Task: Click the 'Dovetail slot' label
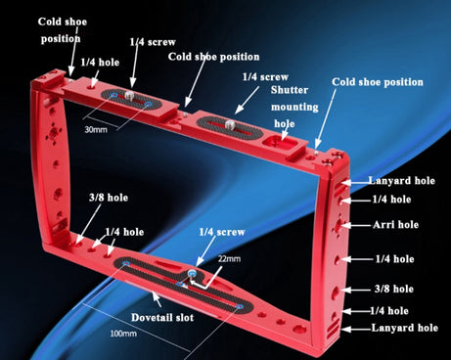[162, 317]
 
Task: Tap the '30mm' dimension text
[96, 129]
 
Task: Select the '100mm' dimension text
[123, 334]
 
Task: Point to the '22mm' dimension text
[229, 258]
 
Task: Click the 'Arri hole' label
[395, 224]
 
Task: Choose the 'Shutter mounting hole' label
[294, 107]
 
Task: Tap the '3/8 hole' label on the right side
[394, 289]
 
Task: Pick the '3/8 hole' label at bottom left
[109, 198]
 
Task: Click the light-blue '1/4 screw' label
[222, 232]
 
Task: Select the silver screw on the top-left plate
[129, 95]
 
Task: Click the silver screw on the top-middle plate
[230, 124]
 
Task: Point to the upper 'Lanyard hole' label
[401, 180]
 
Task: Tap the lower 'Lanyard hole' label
[404, 328]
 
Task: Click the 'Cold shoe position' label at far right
[378, 82]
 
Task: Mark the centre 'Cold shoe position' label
[213, 57]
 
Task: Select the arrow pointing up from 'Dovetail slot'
[157, 299]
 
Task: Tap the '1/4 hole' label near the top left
[100, 62]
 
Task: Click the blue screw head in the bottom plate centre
[192, 273]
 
